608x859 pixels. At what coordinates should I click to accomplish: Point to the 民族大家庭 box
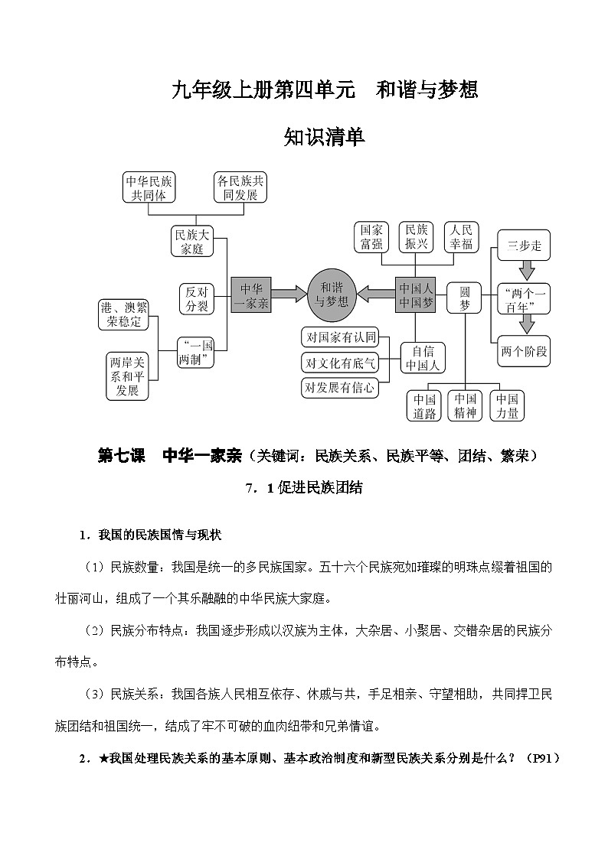tap(191, 242)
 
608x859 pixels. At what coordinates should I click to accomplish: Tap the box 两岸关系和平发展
tap(128, 376)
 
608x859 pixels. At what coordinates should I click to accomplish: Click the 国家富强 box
tap(372, 236)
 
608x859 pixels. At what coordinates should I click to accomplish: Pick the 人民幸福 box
tap(463, 236)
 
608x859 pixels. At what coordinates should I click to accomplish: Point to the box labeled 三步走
tap(525, 246)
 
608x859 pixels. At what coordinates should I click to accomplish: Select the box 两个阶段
tap(525, 351)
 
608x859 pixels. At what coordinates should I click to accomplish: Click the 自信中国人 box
tap(423, 357)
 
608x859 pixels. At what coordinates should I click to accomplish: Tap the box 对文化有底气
tap(339, 362)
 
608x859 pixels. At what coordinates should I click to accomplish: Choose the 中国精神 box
tap(465, 406)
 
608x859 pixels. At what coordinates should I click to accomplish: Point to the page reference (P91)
tap(544, 757)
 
